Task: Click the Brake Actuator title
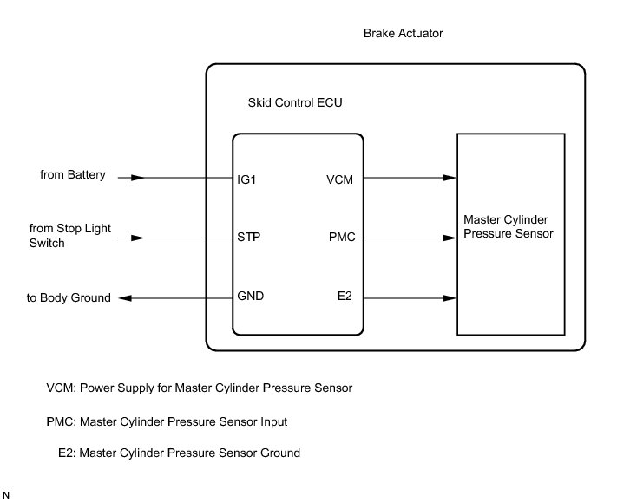[x=404, y=33]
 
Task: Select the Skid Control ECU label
[x=293, y=103]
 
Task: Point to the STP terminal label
[x=248, y=236]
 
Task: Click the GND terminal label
[x=251, y=297]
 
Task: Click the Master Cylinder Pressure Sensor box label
[x=508, y=228]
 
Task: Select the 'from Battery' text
[x=73, y=175]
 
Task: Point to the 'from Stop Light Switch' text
[x=64, y=236]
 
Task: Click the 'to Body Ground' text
[x=69, y=297]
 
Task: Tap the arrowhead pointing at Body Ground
[x=125, y=297]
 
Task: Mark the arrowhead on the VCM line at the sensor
[x=450, y=179]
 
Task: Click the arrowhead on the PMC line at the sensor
[x=450, y=236]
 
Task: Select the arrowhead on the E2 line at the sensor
[x=450, y=297]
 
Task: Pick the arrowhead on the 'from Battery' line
[x=136, y=179]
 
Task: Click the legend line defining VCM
[x=200, y=388]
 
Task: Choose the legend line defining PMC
[x=167, y=422]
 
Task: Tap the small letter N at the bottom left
[x=7, y=494]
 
